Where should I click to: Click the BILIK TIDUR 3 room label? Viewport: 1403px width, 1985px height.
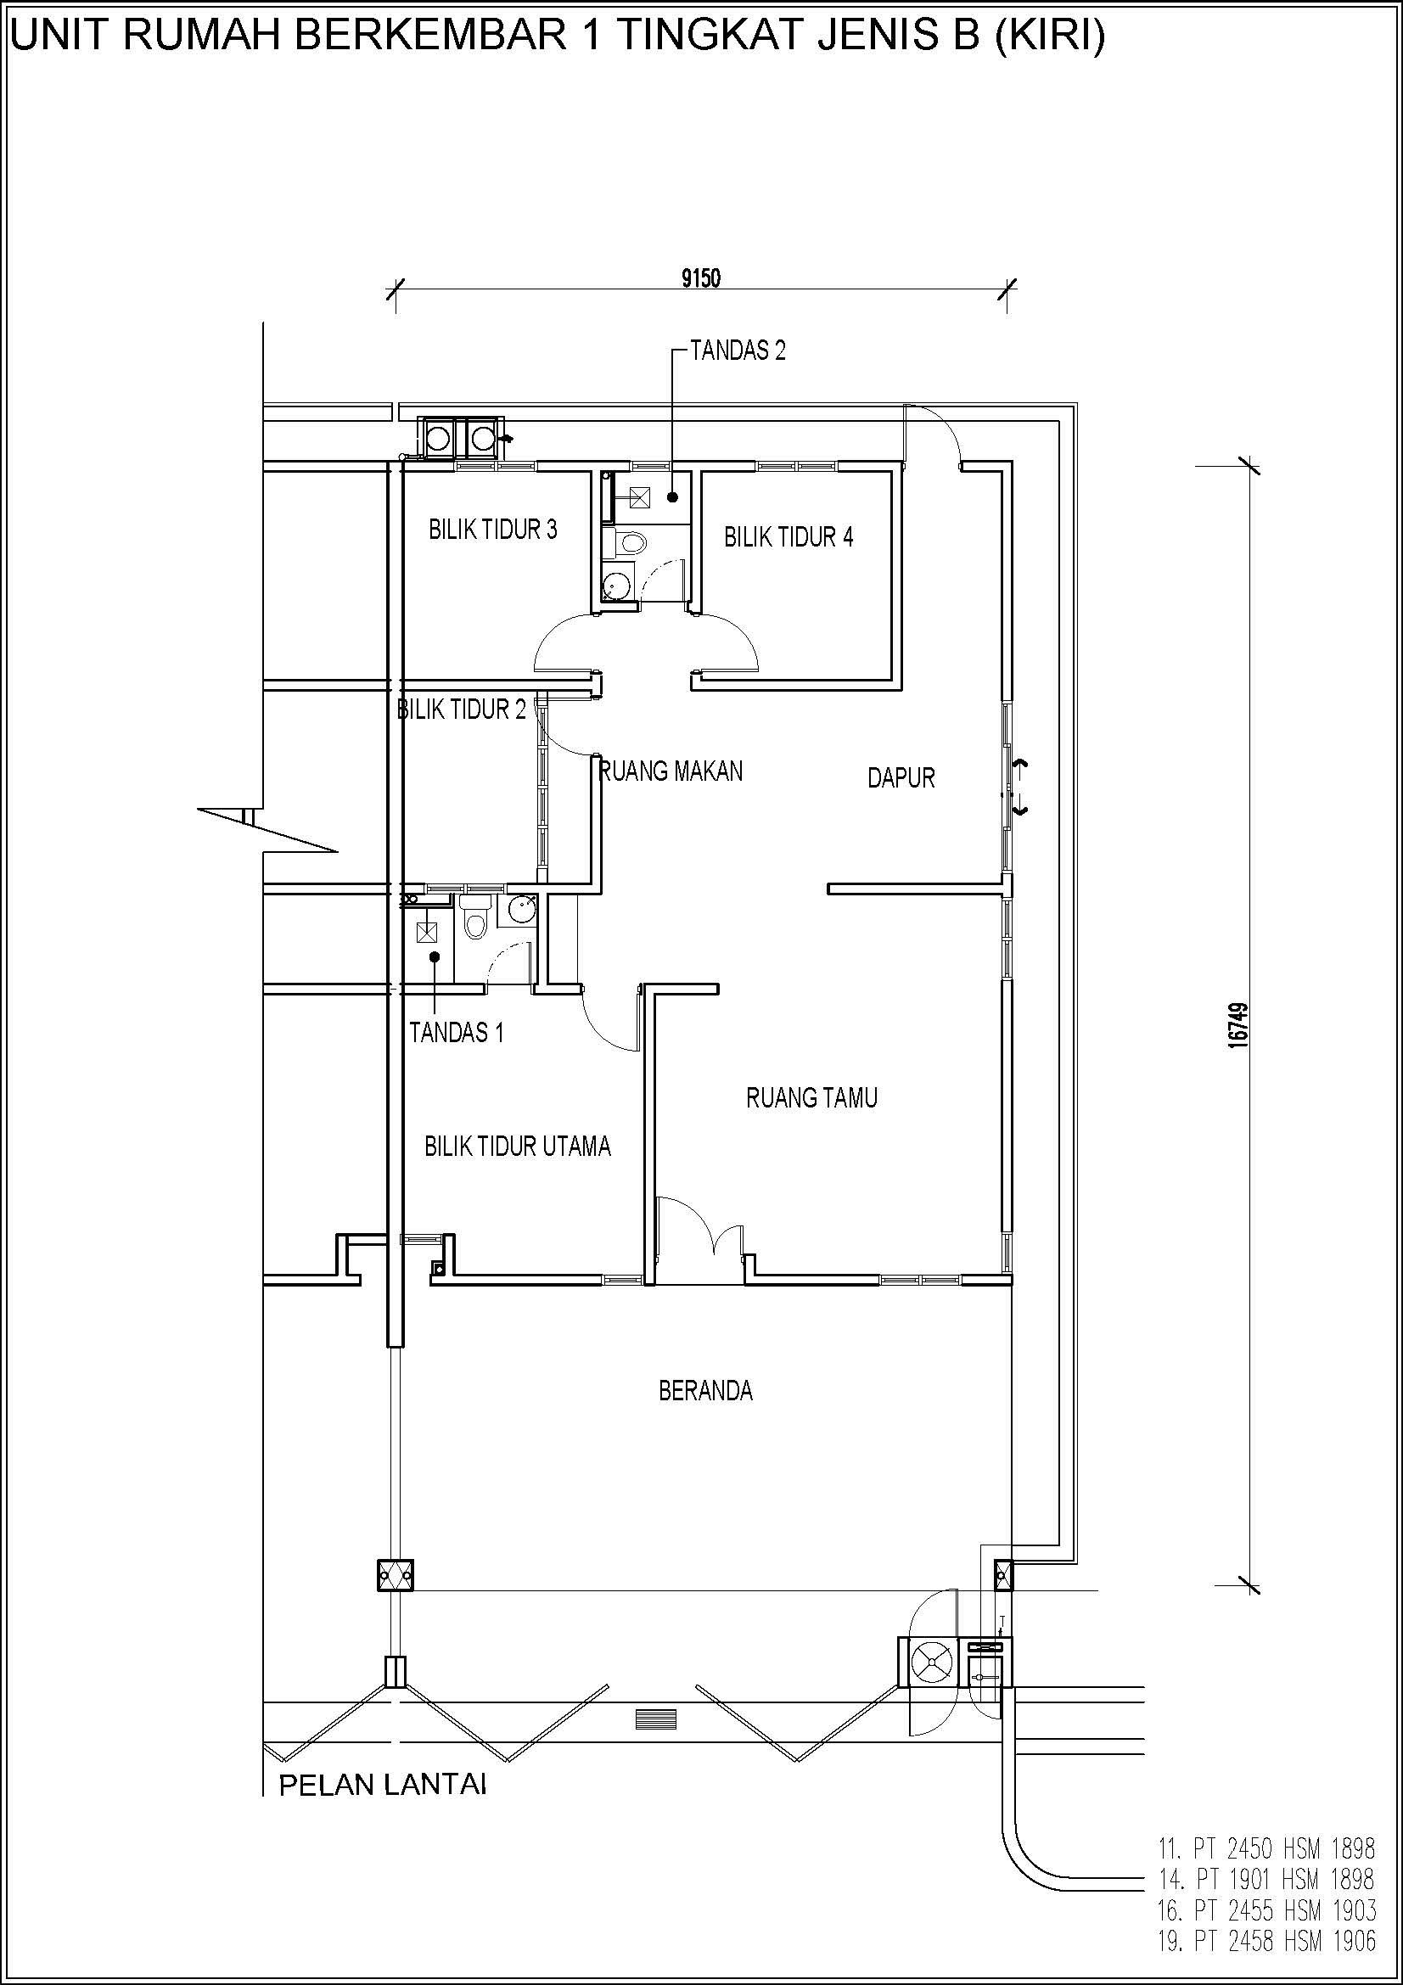pyautogui.click(x=493, y=530)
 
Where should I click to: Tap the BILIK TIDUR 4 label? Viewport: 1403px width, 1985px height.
pyautogui.click(x=788, y=537)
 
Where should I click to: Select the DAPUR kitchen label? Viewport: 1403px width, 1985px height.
pyautogui.click(x=901, y=778)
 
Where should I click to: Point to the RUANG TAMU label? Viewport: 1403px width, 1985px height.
pyautogui.click(x=811, y=1098)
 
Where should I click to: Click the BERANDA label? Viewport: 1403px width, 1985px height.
pyautogui.click(x=705, y=1391)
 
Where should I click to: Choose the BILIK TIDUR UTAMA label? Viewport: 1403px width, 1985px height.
pyautogui.click(x=518, y=1147)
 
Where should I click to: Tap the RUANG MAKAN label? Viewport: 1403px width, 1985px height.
pyautogui.click(x=671, y=771)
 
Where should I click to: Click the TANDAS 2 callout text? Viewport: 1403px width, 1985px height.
pyautogui.click(x=738, y=351)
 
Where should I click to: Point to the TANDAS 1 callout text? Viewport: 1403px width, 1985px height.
pyautogui.click(x=457, y=1032)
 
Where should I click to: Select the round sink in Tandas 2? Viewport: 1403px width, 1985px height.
pyautogui.click(x=615, y=586)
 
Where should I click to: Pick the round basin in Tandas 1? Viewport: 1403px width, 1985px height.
pyautogui.click(x=520, y=910)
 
